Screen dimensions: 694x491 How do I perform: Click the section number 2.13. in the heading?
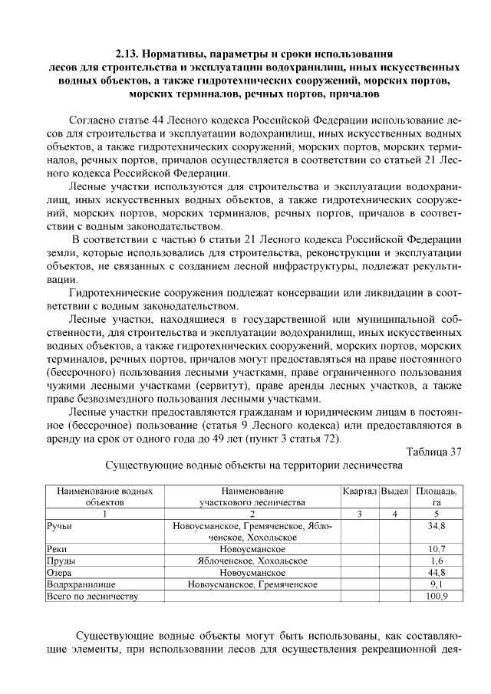pyautogui.click(x=129, y=54)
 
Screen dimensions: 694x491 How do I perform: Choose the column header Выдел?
pyautogui.click(x=394, y=491)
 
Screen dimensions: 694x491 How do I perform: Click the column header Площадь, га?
pyautogui.click(x=436, y=496)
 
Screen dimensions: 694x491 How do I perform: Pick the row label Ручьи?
pyautogui.click(x=59, y=527)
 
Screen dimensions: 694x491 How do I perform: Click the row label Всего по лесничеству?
pyautogui.click(x=92, y=595)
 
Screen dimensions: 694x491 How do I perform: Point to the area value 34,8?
pyautogui.click(x=436, y=527)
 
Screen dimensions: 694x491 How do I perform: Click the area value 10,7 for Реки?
pyautogui.click(x=436, y=549)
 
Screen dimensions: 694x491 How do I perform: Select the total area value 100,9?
pyautogui.click(x=436, y=595)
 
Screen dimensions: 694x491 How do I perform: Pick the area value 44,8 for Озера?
pyautogui.click(x=436, y=572)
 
